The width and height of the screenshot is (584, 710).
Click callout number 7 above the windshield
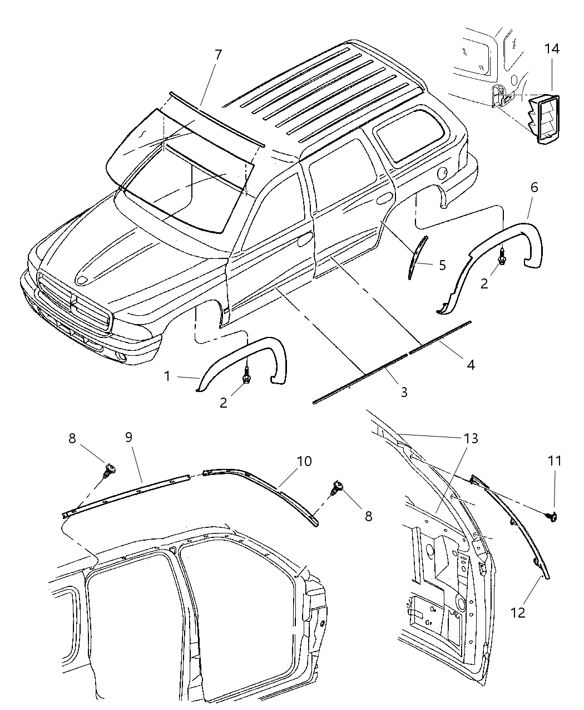pyautogui.click(x=218, y=55)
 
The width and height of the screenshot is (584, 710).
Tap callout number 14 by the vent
pyautogui.click(x=551, y=49)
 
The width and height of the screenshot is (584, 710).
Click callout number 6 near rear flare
pyautogui.click(x=534, y=187)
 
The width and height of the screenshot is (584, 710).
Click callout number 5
pyautogui.click(x=442, y=265)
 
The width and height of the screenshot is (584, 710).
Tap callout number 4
pyautogui.click(x=471, y=365)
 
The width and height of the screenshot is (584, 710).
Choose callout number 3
pyautogui.click(x=404, y=392)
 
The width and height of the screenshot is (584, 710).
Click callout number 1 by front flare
pyautogui.click(x=167, y=376)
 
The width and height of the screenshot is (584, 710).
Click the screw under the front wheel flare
pyautogui.click(x=245, y=378)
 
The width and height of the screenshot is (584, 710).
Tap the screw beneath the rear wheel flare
pyautogui.click(x=502, y=257)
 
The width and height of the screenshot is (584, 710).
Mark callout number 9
pyautogui.click(x=128, y=437)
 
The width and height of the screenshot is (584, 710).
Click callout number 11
pyautogui.click(x=555, y=461)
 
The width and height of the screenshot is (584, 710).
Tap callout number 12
pyautogui.click(x=518, y=613)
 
